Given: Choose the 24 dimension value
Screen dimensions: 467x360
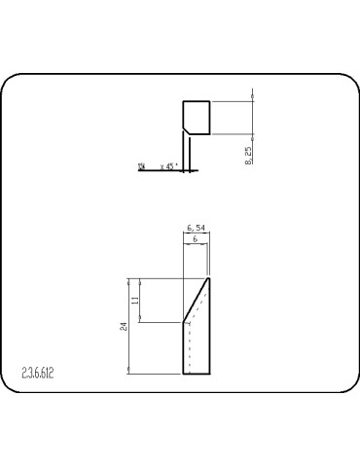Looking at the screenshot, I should click(124, 326).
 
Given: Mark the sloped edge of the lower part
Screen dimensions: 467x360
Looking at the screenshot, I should click(197, 301).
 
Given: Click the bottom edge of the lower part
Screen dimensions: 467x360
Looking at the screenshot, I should click(197, 373).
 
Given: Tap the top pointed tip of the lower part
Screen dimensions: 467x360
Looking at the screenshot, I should click(209, 279).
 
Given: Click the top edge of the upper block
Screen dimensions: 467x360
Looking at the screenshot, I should click(197, 100).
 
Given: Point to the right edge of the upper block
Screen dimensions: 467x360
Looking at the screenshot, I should click(211, 117).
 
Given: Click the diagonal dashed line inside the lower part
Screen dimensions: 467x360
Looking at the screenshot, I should click(200, 302).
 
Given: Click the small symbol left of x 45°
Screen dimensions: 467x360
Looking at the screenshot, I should click(142, 167).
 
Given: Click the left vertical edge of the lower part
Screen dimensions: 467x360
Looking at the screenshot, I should click(184, 348).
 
